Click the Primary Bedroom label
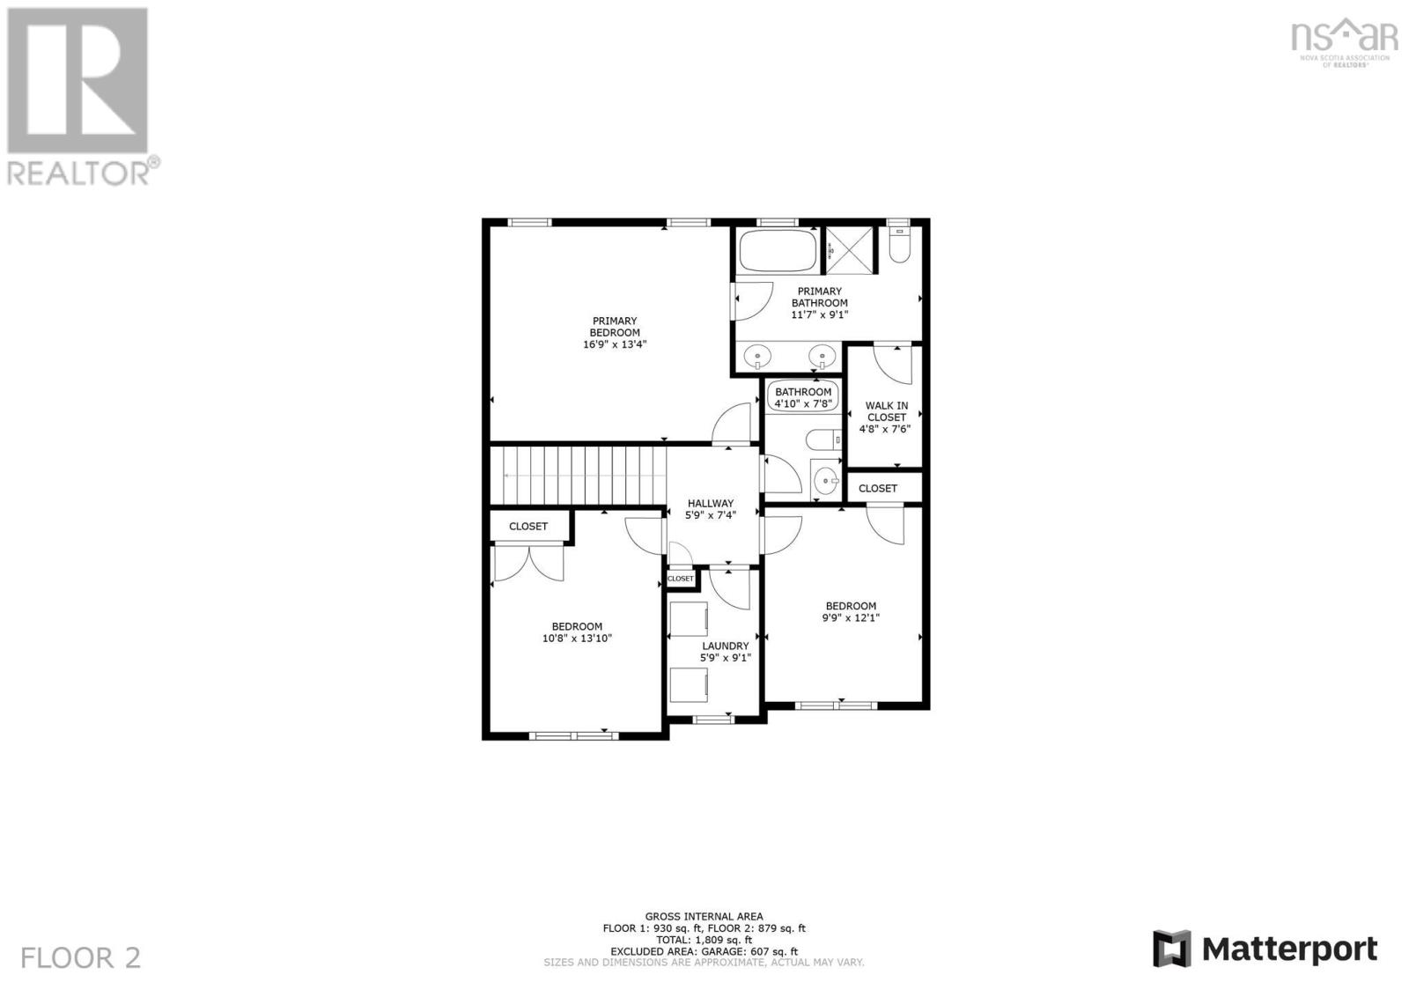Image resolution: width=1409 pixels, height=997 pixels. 614,327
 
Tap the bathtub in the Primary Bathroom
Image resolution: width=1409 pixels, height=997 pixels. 777,250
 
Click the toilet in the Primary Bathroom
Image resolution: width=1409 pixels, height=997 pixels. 898,246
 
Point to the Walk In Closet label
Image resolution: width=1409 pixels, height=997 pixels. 886,412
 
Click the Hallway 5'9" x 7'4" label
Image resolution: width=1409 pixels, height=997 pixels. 710,509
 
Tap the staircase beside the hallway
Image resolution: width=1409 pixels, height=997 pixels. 576,476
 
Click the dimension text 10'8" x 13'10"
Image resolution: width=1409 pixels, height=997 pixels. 577,639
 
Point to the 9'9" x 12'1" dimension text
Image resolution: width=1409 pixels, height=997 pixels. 850,617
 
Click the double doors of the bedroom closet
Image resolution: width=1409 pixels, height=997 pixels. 528,564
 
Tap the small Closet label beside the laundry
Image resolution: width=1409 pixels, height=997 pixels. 680,579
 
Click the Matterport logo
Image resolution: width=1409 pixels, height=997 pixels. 1265,949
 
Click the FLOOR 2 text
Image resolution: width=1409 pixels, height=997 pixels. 80,957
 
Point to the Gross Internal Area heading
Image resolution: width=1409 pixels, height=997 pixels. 704,916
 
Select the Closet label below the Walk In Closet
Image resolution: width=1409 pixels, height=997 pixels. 877,488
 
